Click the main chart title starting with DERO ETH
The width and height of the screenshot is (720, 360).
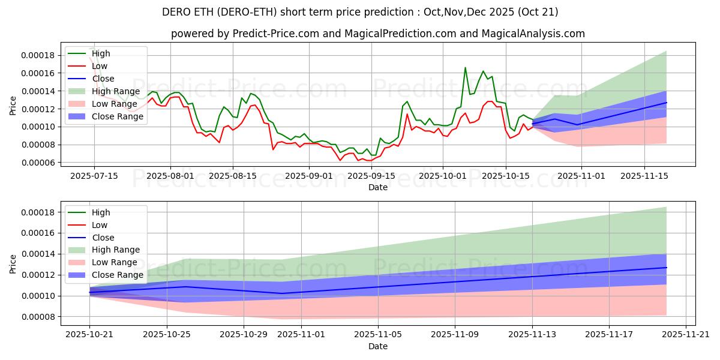[360, 12]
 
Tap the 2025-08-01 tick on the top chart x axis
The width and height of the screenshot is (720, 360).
[170, 176]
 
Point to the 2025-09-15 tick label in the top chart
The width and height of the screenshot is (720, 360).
[371, 176]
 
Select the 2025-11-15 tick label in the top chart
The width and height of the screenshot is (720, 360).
[644, 176]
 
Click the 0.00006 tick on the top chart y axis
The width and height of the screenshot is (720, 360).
[37, 163]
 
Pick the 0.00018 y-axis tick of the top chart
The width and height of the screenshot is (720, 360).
[37, 55]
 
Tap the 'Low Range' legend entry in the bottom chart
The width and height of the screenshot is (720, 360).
[116, 262]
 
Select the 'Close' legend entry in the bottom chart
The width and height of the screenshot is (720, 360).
[103, 238]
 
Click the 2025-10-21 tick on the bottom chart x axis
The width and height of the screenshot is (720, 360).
[90, 335]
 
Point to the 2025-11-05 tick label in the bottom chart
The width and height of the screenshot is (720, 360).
[378, 335]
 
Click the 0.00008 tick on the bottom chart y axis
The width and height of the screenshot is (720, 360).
[37, 317]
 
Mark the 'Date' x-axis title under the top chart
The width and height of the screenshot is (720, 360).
[378, 187]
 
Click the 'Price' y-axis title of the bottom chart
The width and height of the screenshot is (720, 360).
[13, 264]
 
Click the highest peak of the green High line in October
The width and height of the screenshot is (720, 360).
[465, 67]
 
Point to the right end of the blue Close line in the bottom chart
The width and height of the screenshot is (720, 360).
[667, 268]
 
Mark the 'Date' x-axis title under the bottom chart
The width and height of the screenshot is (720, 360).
[378, 346]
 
